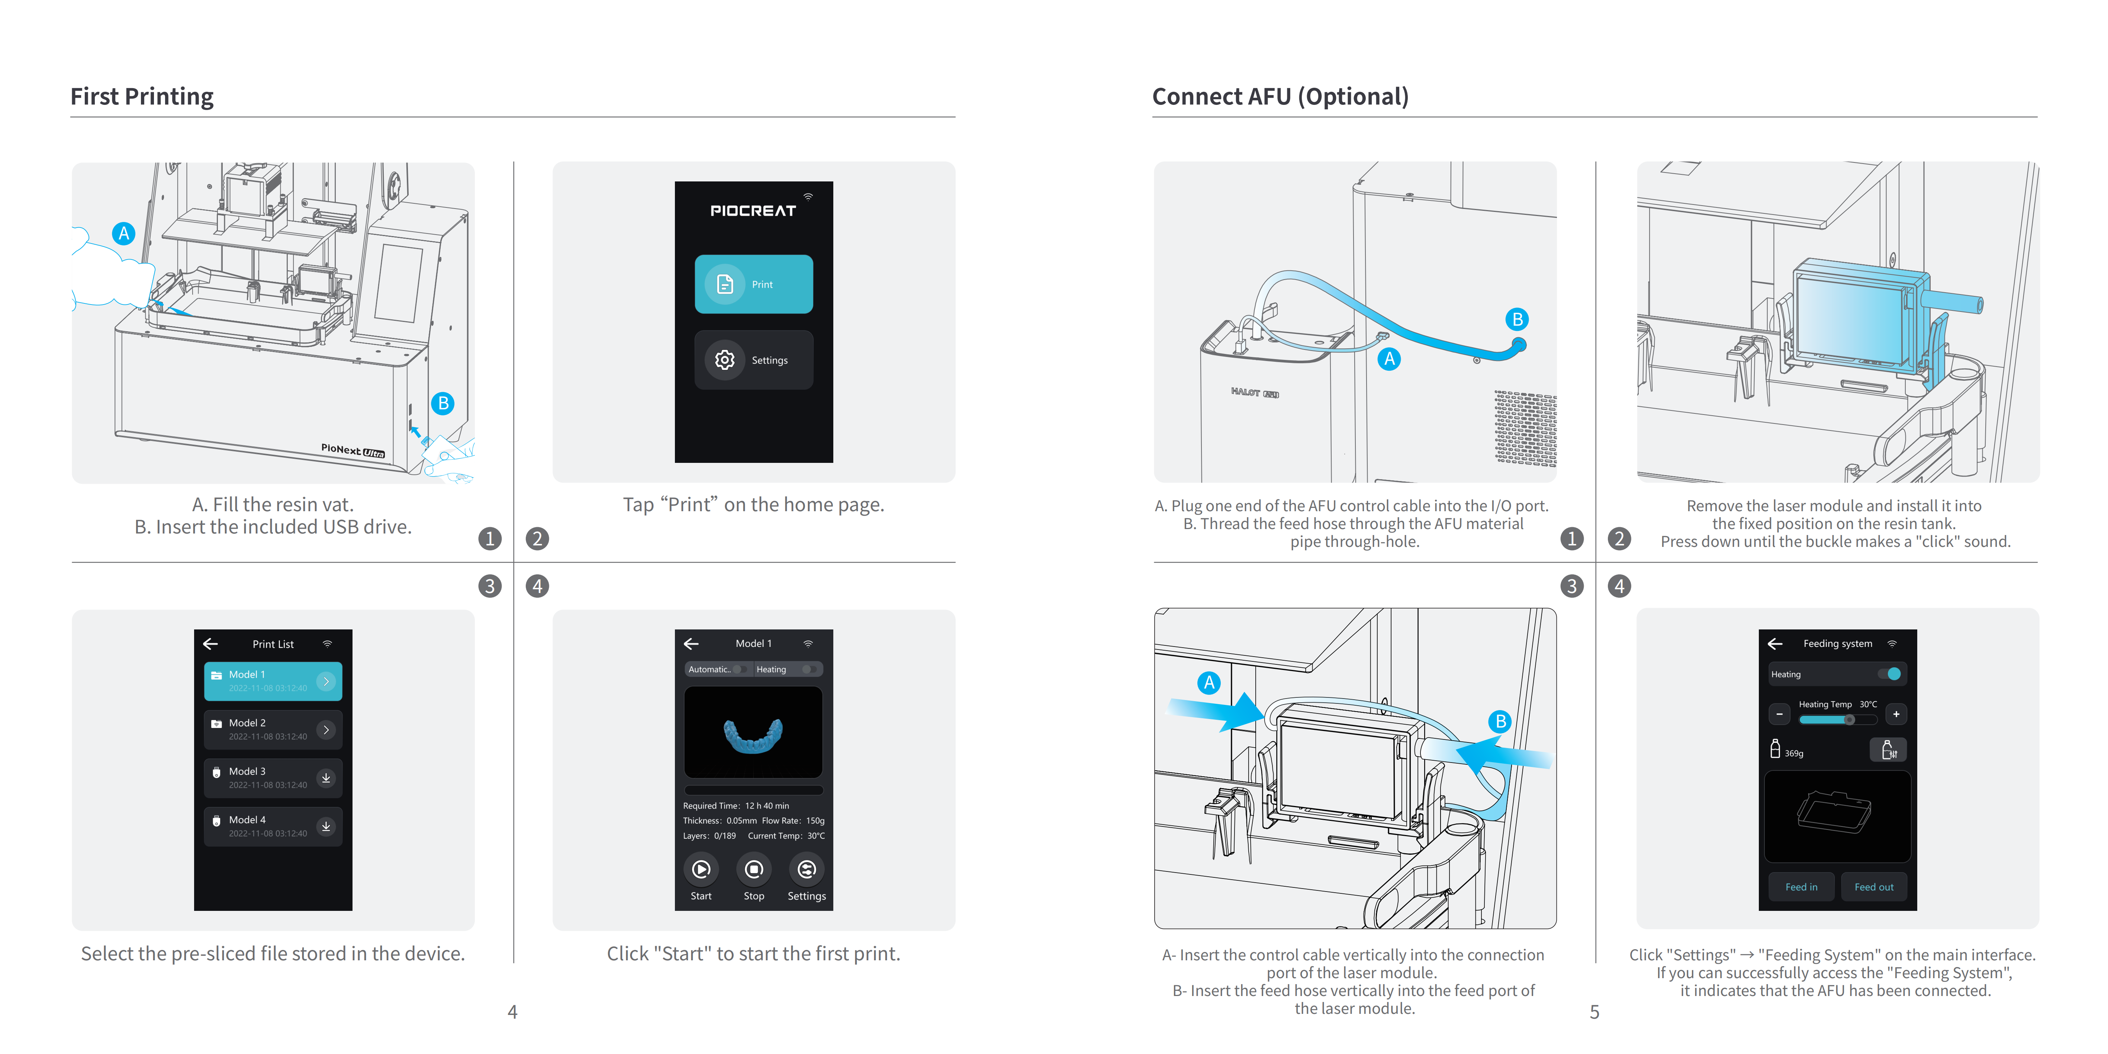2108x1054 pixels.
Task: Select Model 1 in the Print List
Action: tap(273, 681)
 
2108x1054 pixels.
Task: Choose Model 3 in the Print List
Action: tap(273, 777)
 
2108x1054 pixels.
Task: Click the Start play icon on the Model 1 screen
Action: tap(701, 869)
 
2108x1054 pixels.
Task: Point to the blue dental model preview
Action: tap(753, 735)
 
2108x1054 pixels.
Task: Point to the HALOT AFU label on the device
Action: tap(1255, 393)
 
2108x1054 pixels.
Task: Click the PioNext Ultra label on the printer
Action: tap(353, 450)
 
